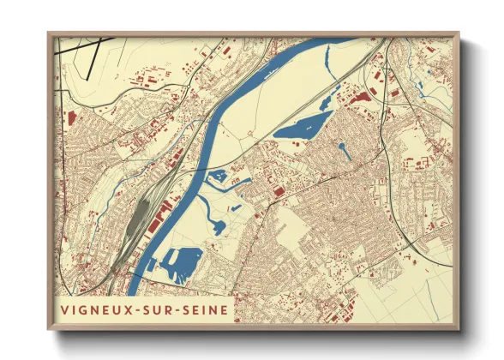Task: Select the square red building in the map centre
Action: click(x=278, y=190)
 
